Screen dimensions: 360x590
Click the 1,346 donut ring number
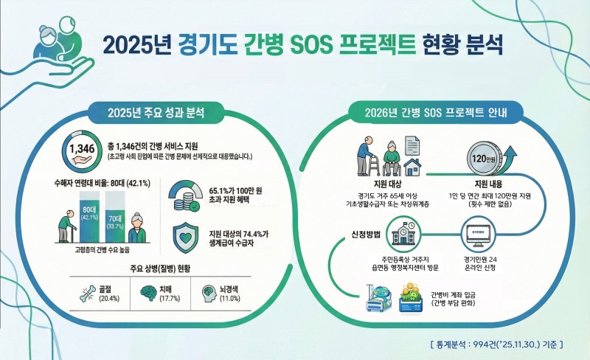[81, 150]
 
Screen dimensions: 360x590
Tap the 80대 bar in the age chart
[89, 213]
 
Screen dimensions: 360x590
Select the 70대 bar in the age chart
[116, 218]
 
